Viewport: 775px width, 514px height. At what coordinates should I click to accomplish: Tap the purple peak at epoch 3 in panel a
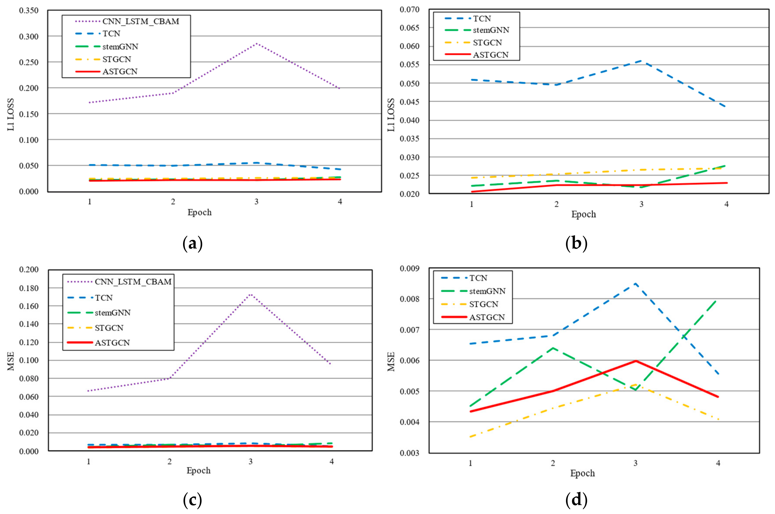(257, 43)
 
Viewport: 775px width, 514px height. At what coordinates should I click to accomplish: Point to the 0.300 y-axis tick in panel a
(29, 36)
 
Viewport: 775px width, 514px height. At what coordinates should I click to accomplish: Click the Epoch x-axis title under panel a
(199, 212)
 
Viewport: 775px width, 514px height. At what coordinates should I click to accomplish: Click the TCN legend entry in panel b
(482, 19)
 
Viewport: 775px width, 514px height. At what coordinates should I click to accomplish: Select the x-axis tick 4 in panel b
(726, 204)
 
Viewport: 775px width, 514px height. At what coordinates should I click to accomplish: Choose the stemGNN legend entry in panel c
(113, 313)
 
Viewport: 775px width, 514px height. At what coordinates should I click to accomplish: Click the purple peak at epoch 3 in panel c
(250, 294)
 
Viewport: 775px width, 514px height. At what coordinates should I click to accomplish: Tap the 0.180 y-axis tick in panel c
(29, 288)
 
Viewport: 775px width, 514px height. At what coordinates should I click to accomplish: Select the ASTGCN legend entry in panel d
(487, 317)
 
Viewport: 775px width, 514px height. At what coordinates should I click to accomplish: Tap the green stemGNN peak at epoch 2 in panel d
(553, 348)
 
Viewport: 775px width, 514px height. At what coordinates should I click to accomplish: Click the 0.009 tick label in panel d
(409, 269)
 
